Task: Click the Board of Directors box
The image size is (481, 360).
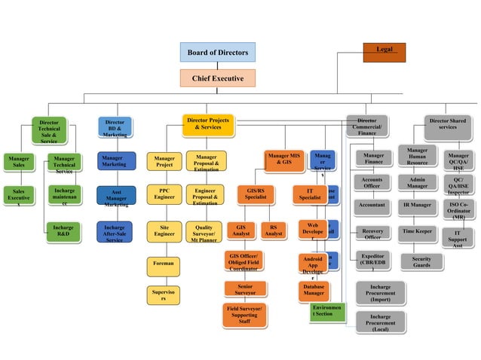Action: point(218,52)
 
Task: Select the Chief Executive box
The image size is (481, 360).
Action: point(217,78)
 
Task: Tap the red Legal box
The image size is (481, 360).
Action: point(384,50)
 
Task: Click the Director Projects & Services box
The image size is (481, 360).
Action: point(207,125)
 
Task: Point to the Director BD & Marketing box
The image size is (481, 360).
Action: point(115,127)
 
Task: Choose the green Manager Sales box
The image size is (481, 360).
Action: point(18,162)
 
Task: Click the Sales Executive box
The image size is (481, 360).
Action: point(19,197)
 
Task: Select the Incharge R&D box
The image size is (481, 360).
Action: point(64,231)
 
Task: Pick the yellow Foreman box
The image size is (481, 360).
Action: point(163,264)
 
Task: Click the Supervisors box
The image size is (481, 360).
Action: point(163,294)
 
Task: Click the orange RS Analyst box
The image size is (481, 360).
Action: point(273,230)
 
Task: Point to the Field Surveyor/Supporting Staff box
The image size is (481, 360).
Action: point(246,315)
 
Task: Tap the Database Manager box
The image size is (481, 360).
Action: point(314,291)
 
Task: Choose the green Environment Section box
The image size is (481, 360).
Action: point(327,312)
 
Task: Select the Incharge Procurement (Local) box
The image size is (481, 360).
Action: point(380,322)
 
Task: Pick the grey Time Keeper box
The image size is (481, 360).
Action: point(417,230)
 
